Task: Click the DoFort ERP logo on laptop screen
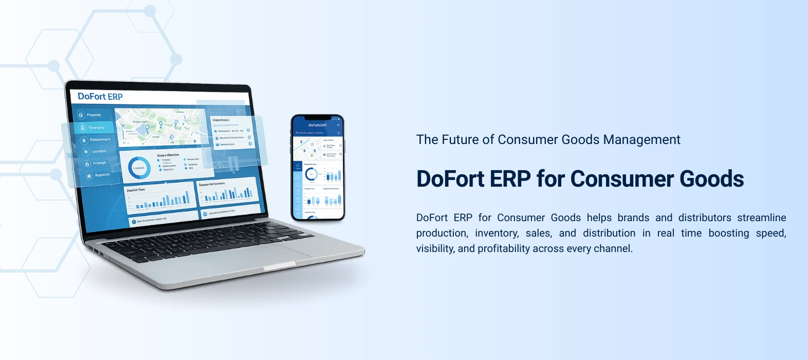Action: click(x=100, y=96)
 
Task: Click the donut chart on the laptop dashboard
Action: click(x=139, y=168)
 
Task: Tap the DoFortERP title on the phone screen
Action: click(x=317, y=125)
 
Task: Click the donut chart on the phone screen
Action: click(x=311, y=174)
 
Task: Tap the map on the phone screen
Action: click(x=307, y=147)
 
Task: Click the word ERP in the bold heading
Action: click(x=510, y=179)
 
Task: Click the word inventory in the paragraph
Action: click(x=497, y=233)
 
